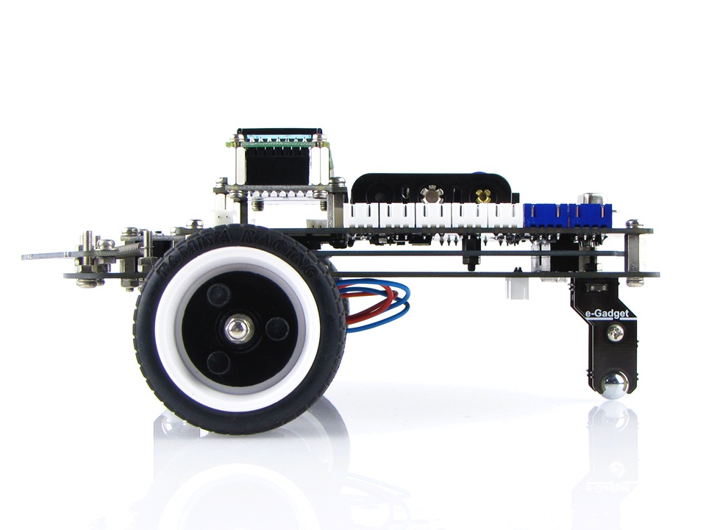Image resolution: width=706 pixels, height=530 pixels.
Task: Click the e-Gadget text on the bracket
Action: coord(602,314)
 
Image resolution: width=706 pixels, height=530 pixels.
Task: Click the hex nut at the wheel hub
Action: coord(236,330)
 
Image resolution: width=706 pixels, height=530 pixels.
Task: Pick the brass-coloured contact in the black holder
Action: coord(483,196)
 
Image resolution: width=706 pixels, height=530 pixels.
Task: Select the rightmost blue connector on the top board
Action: coord(593,214)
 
